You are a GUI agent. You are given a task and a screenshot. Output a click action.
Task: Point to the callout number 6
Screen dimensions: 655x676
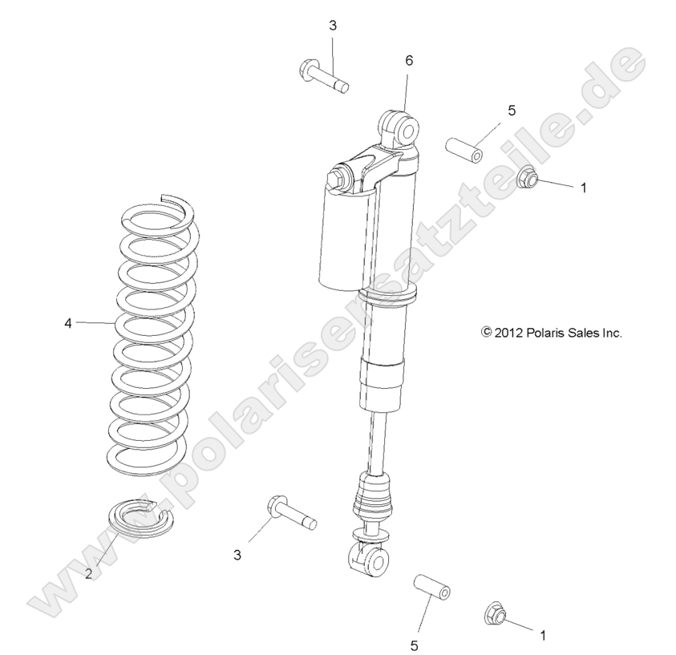pyautogui.click(x=409, y=60)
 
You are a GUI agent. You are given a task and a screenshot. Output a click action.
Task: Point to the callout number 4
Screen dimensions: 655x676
pyautogui.click(x=69, y=323)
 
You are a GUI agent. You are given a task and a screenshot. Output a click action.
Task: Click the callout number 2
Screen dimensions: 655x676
pyautogui.click(x=90, y=574)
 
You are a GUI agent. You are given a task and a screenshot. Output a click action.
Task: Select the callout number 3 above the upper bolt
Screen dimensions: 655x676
pyautogui.click(x=333, y=26)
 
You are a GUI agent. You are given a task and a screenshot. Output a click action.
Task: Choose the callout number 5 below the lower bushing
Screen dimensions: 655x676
pyautogui.click(x=415, y=644)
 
